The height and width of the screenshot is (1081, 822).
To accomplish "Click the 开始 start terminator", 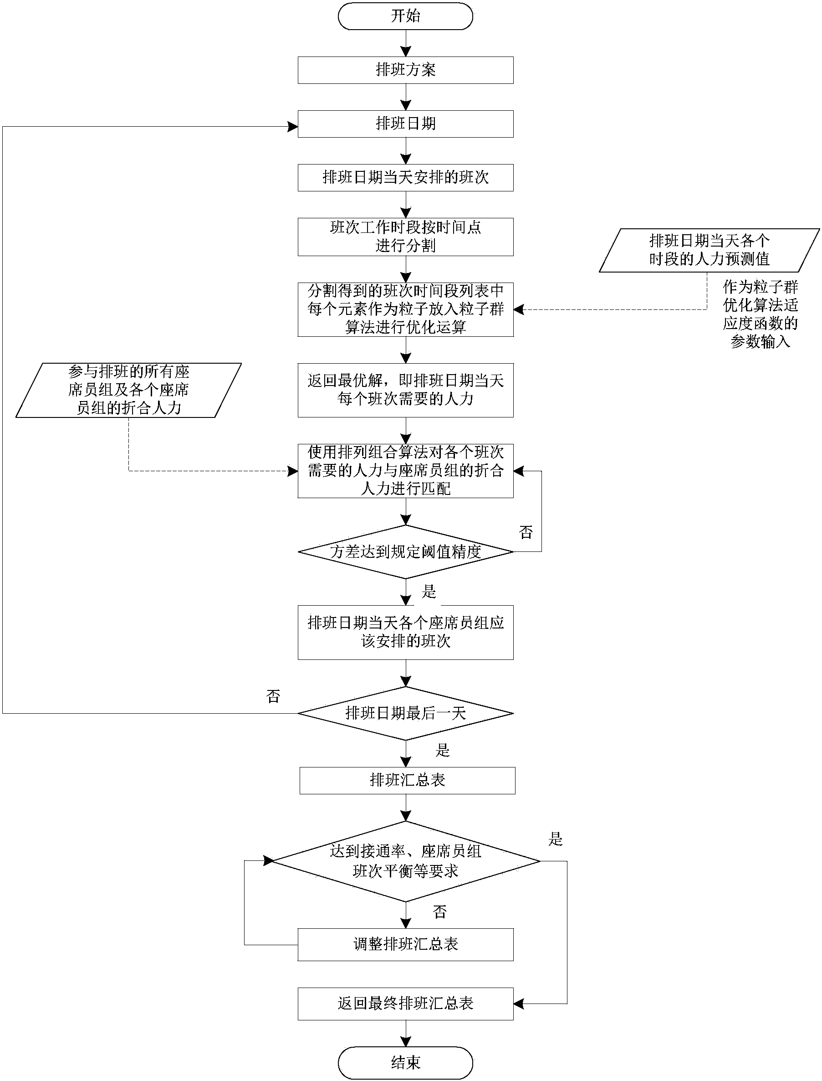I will click(x=405, y=16).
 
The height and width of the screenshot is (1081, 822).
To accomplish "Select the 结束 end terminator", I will click(x=405, y=1062).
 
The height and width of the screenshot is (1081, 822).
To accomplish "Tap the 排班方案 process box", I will click(x=405, y=70).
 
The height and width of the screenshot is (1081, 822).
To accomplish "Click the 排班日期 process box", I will click(x=405, y=124).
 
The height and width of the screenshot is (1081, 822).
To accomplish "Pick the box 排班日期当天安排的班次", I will click(x=405, y=177).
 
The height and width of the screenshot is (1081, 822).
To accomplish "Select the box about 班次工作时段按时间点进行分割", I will click(x=405, y=237).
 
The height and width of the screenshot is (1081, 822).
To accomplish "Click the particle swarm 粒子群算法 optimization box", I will click(x=405, y=309).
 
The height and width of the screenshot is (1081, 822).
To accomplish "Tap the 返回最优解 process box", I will click(x=405, y=390).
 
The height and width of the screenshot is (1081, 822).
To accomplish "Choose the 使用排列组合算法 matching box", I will click(x=405, y=470).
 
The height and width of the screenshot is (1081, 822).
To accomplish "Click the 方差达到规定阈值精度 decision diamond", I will click(x=405, y=552).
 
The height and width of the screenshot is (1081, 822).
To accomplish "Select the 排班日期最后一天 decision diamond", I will click(x=405, y=713).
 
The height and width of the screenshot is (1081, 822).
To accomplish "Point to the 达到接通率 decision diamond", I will click(x=405, y=861).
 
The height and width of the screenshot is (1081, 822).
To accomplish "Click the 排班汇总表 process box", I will click(x=407, y=780).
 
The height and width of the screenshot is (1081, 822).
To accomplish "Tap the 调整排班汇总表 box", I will click(x=405, y=944).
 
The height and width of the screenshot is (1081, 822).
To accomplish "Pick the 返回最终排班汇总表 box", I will click(x=405, y=1004).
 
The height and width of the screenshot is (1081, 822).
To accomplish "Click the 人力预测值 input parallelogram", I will click(x=709, y=250).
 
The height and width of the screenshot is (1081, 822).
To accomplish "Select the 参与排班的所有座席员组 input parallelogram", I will click(x=129, y=390).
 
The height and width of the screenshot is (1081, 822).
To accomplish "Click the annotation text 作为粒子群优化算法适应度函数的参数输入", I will click(x=760, y=314).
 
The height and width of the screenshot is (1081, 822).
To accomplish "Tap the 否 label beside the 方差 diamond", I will click(x=526, y=532).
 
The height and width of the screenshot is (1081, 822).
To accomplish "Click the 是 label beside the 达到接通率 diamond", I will click(x=555, y=839).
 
